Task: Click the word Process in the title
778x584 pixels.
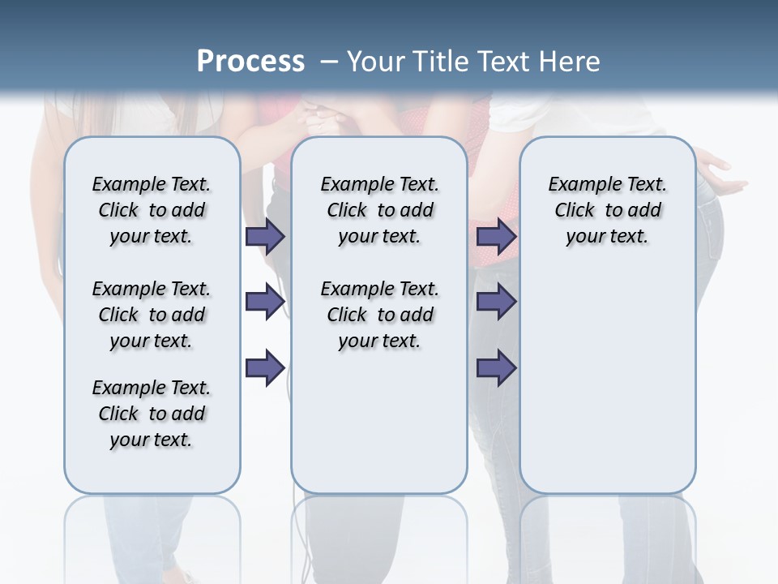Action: (250, 61)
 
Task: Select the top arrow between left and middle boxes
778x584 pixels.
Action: (265, 236)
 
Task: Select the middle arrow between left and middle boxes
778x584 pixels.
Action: (265, 303)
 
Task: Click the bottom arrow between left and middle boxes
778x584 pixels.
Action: (265, 368)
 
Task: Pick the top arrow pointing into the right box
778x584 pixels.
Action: (496, 236)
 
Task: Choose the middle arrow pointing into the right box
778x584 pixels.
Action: (496, 303)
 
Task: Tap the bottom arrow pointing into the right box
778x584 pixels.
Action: (496, 368)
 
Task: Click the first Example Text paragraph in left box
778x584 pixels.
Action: (152, 210)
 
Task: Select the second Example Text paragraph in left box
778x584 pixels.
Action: (152, 315)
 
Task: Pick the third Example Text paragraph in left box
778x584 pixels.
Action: (152, 414)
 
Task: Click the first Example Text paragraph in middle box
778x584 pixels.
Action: (379, 210)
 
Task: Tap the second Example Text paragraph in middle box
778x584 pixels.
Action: (379, 315)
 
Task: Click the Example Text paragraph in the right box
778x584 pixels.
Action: (607, 210)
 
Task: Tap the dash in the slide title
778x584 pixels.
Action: (330, 62)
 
